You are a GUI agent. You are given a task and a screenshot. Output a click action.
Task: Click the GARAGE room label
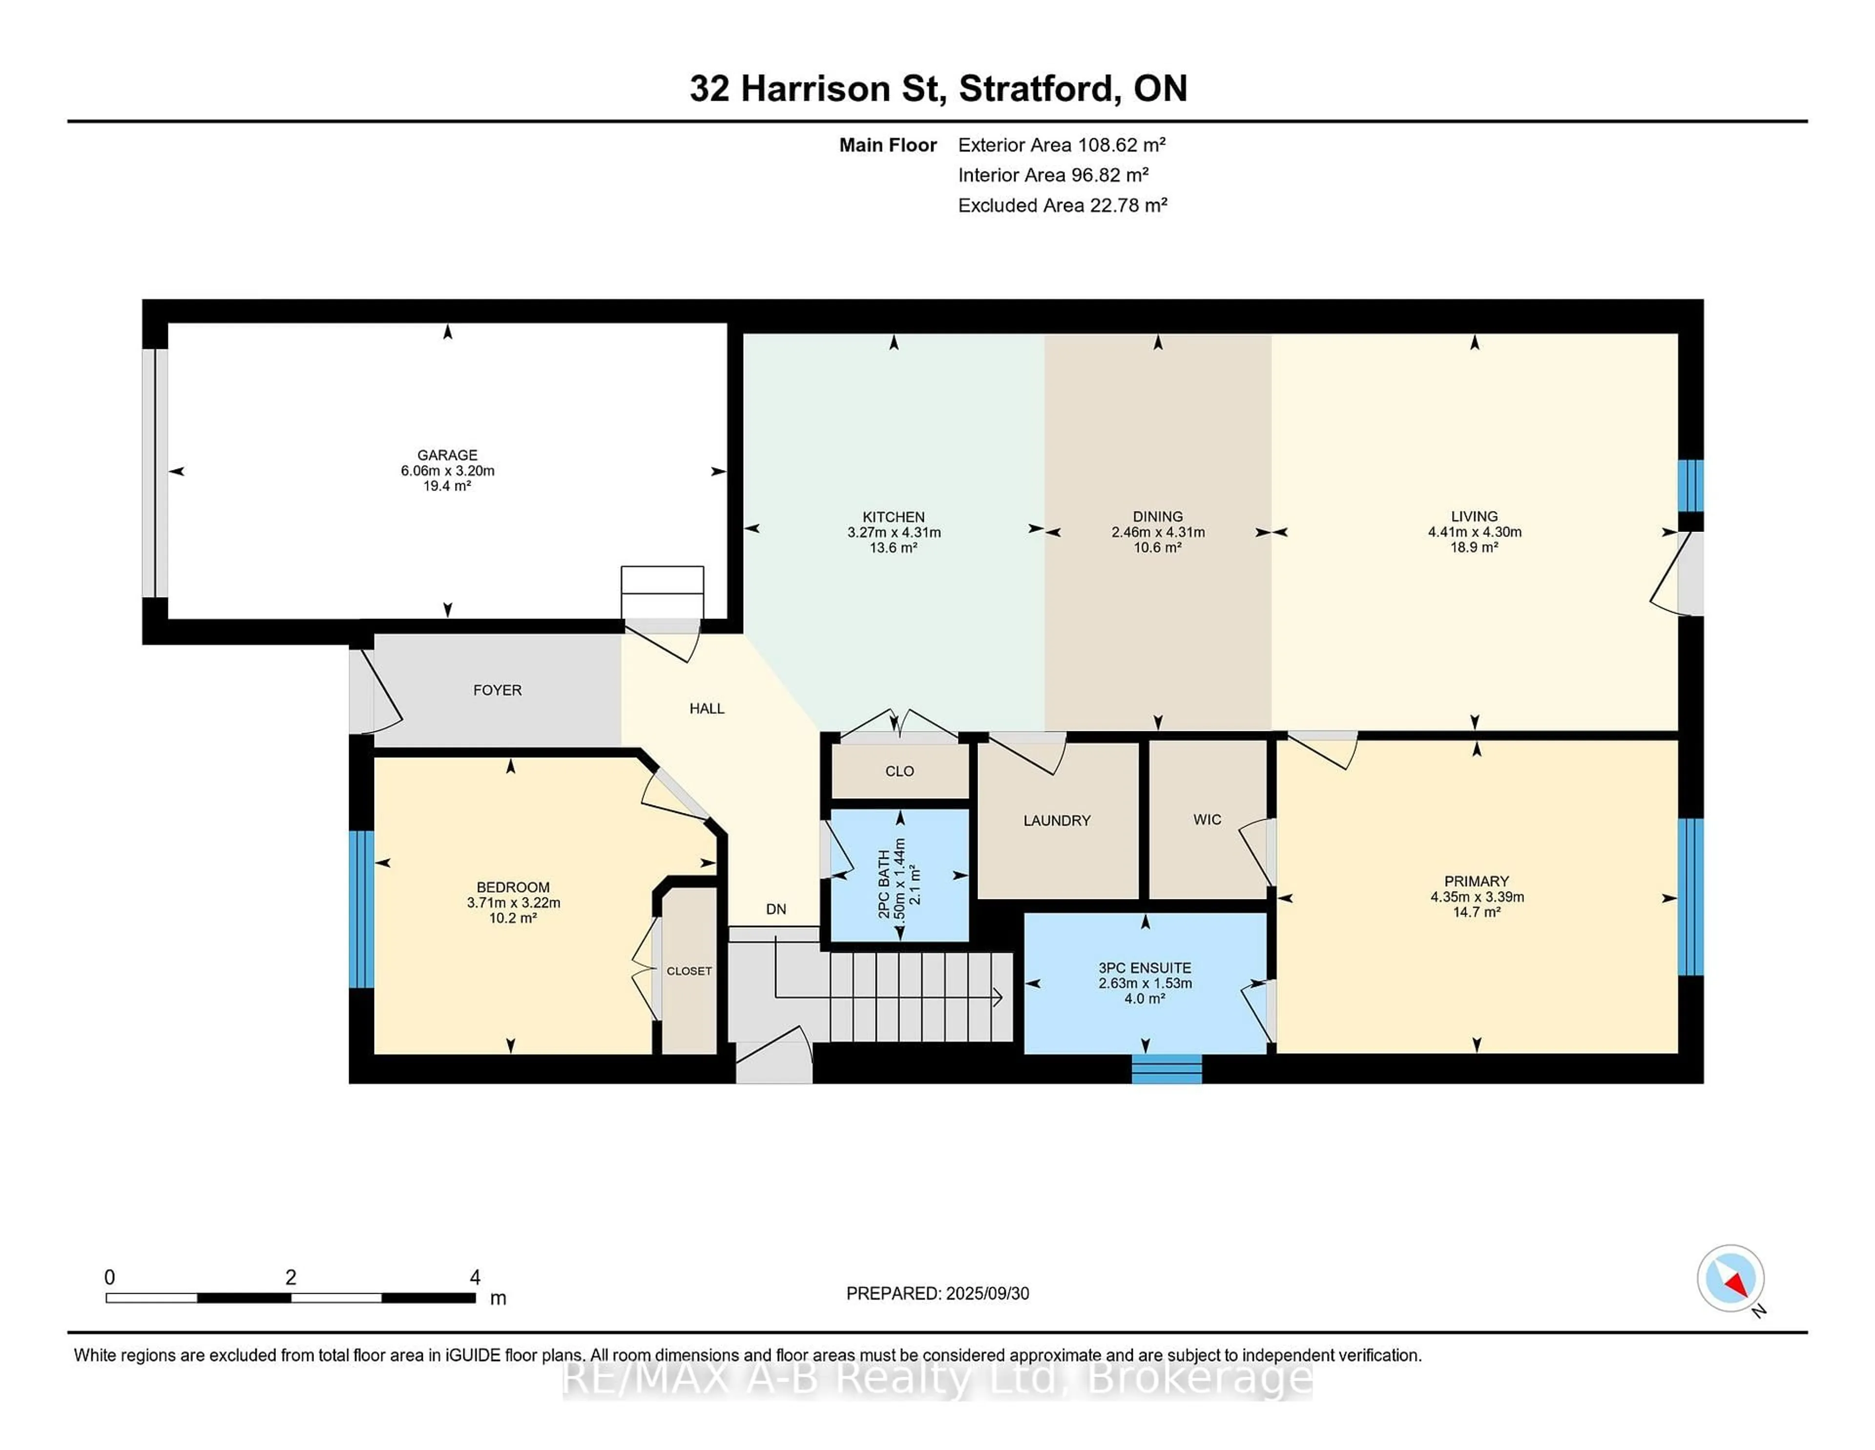(447, 455)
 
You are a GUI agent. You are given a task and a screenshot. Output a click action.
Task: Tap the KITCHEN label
(894, 517)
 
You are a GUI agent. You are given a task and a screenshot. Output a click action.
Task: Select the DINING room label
(1157, 516)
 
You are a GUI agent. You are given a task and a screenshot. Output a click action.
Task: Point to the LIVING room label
(1474, 516)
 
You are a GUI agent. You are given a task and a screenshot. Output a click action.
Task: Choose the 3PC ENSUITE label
(1145, 968)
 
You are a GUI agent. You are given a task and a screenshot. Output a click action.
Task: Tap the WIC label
(1207, 819)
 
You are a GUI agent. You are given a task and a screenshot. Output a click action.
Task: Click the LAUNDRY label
(1057, 820)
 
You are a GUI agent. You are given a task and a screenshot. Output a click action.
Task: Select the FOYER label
(497, 690)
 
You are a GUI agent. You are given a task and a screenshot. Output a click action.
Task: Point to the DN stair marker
(776, 909)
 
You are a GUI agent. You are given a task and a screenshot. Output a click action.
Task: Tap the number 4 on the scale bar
(475, 1278)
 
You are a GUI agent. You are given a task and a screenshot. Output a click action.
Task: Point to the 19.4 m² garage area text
(447, 486)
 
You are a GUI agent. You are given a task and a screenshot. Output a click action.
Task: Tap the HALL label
(707, 709)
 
